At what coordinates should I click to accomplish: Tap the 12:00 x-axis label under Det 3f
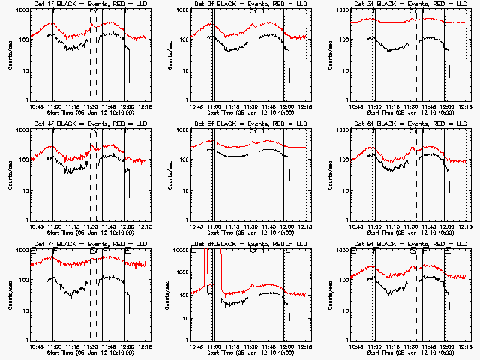click(x=448, y=107)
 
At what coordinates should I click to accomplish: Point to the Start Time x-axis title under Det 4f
click(x=86, y=233)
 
